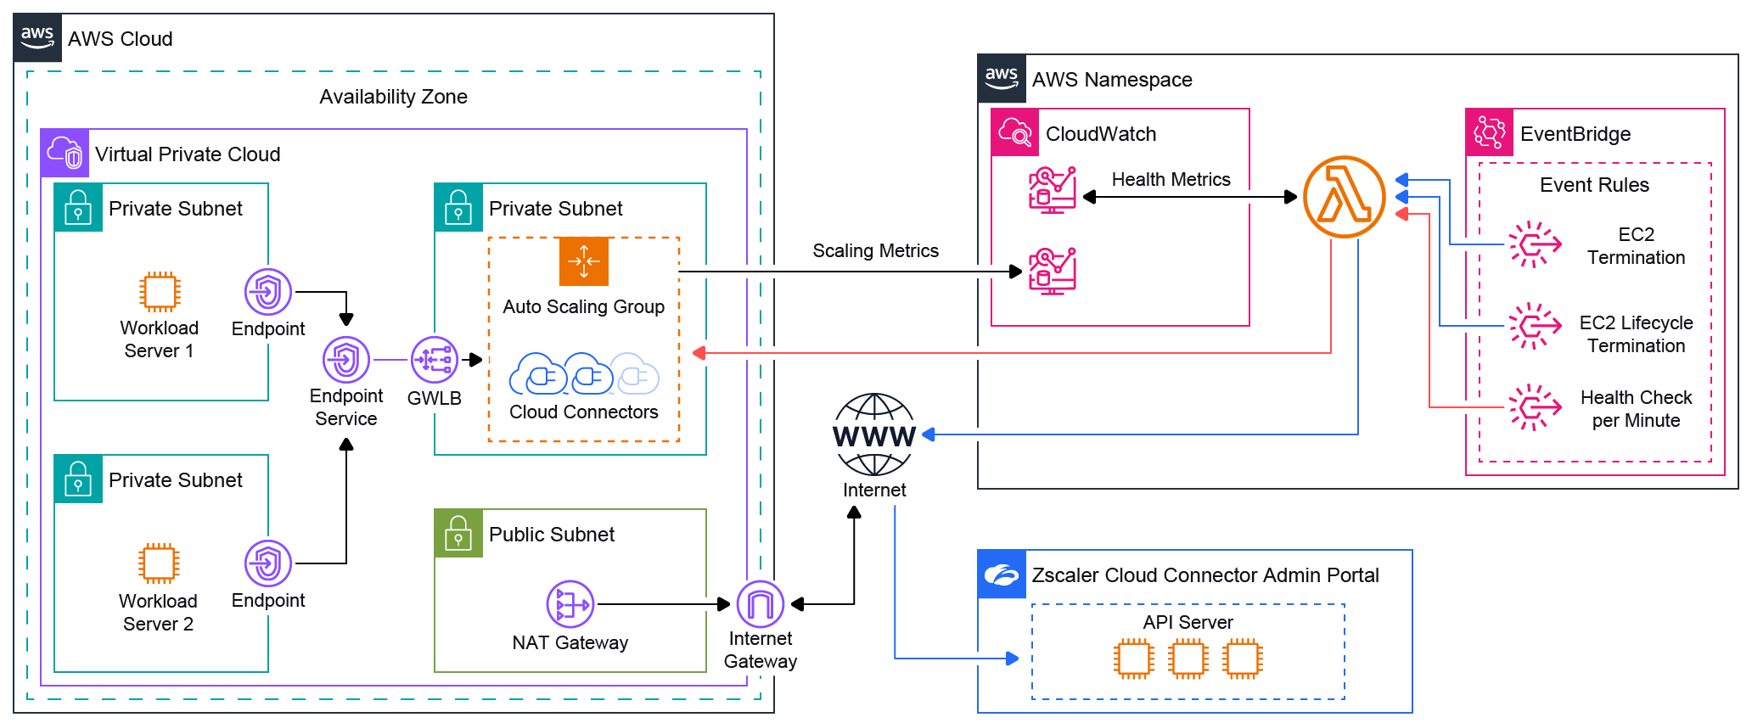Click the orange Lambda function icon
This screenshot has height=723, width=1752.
pos(1345,197)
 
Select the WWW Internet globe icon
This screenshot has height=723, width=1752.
pos(874,434)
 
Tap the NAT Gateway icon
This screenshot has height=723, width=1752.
pos(570,604)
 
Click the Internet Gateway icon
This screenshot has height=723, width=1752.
pos(761,604)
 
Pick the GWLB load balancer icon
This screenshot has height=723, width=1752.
pos(435,360)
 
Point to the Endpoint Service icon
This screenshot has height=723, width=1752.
pos(346,360)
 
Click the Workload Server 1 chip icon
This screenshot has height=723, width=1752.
pos(160,292)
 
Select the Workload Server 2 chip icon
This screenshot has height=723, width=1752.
pos(159,563)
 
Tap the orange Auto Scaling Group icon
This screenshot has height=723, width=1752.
pos(584,261)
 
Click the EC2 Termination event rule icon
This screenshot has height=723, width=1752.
pos(1535,244)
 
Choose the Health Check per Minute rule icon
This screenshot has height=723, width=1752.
pos(1535,407)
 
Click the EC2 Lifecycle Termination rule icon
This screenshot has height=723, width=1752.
pos(1535,326)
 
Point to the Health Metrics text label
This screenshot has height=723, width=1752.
pos(1171,180)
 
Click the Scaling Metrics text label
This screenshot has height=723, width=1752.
pos(875,251)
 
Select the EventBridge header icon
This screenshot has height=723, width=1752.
pos(1490,133)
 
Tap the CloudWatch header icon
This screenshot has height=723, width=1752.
pos(1015,133)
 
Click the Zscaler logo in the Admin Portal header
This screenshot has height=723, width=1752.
pos(1002,574)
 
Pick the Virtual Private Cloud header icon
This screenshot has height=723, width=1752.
pos(65,154)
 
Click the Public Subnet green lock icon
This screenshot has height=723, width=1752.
pos(458,534)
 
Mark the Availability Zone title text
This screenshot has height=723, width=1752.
pos(393,97)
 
